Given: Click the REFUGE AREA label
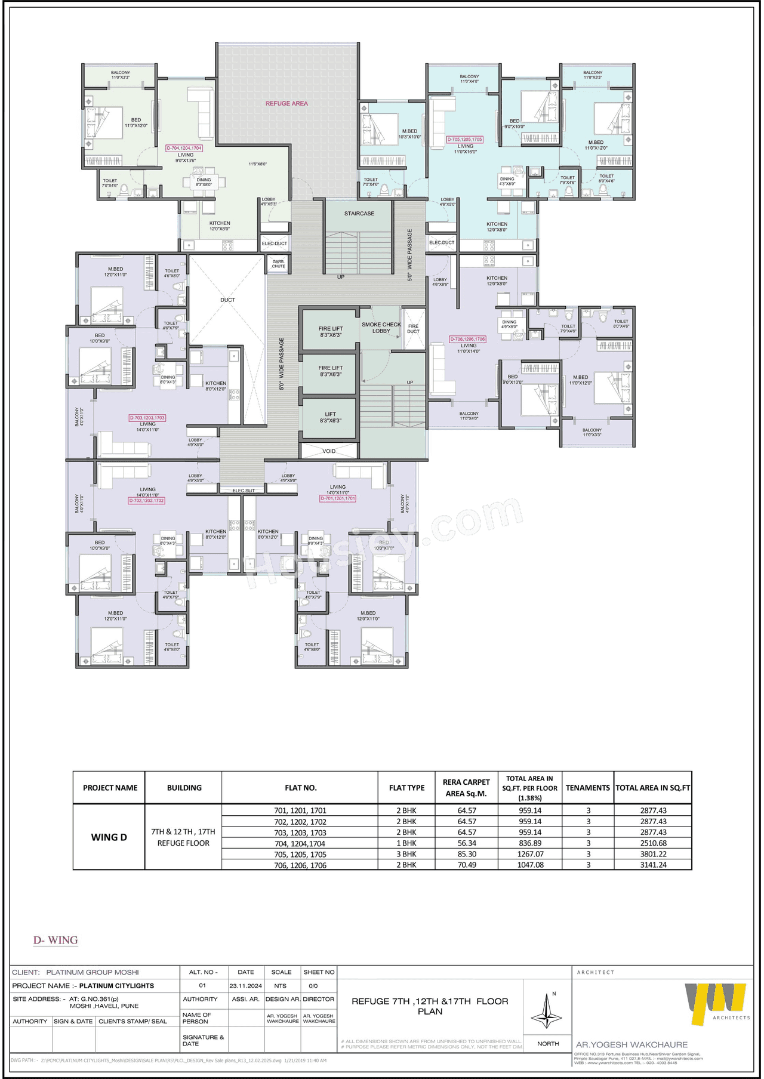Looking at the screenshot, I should click(286, 103).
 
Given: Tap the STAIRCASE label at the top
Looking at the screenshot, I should click(359, 213).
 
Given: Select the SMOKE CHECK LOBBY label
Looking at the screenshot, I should click(381, 328).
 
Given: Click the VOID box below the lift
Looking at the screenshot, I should click(329, 451).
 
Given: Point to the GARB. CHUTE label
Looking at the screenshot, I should click(278, 264).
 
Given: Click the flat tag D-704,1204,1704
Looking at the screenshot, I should click(184, 148).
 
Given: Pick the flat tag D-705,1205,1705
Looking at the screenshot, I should click(465, 140).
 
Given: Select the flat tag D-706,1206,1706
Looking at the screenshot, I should click(467, 339).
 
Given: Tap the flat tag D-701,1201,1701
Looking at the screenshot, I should click(338, 498).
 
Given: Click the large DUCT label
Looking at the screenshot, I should click(227, 300).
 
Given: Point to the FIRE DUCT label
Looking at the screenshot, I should click(413, 329).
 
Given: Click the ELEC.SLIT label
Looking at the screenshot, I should click(244, 491).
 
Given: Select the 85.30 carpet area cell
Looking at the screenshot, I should click(466, 854).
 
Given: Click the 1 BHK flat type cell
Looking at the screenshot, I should click(406, 843).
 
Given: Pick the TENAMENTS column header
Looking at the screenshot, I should click(587, 788).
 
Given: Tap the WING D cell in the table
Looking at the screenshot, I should click(109, 837).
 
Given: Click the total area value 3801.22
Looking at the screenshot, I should click(653, 854).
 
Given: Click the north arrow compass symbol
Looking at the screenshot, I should click(547, 1010).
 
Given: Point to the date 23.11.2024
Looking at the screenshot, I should click(245, 986).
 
